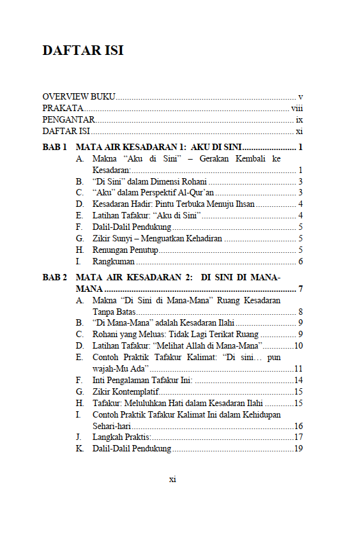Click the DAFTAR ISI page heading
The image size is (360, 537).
[83, 50]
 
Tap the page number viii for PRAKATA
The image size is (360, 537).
[296, 108]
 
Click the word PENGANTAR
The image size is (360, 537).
[68, 119]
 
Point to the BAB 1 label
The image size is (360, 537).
[55, 147]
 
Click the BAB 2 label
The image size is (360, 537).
[55, 278]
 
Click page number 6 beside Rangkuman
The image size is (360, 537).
[300, 261]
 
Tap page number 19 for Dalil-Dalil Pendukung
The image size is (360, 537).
[298, 449]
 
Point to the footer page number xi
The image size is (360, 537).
[172, 480]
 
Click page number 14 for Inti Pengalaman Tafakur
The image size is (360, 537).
[298, 380]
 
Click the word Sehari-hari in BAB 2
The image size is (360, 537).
[112, 426]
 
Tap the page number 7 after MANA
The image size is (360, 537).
[300, 289]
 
